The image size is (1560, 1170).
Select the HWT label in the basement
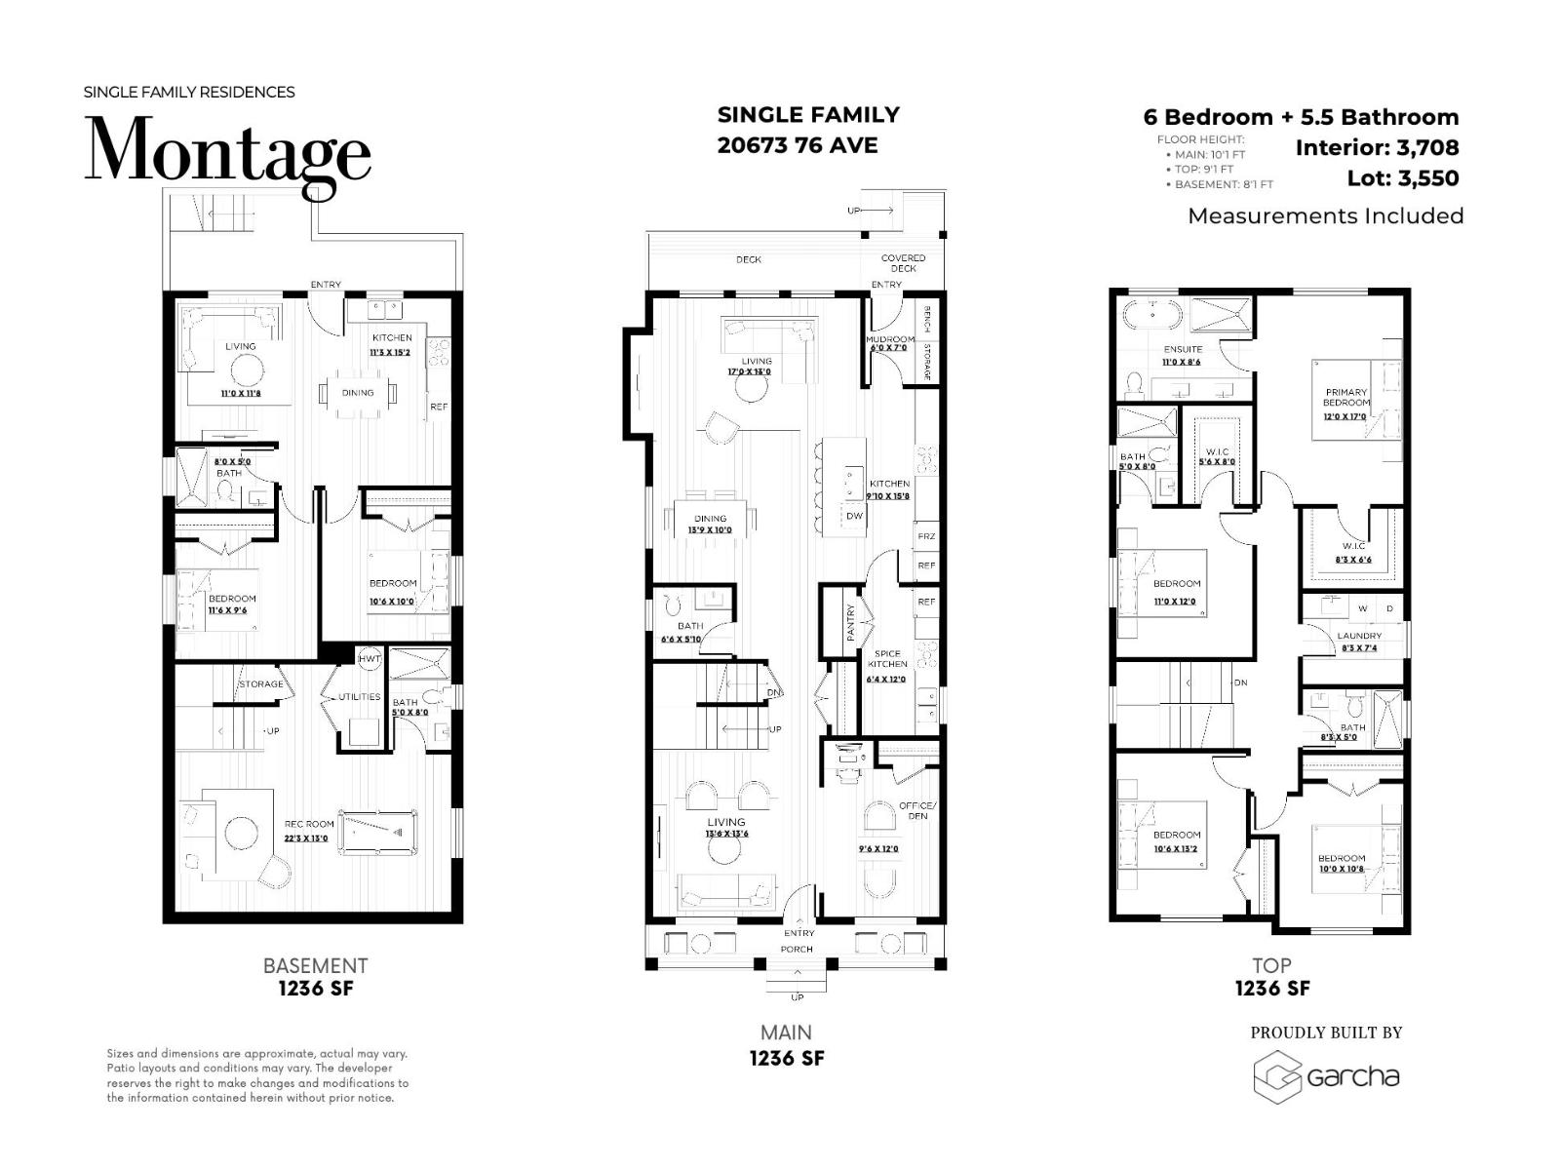coord(370,659)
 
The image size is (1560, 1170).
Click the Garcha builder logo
coord(1327,1077)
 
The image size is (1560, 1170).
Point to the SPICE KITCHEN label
coord(887,659)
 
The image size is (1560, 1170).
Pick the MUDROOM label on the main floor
coord(890,340)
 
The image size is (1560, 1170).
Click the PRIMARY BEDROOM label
coord(1345,397)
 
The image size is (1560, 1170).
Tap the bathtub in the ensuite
coord(1151,315)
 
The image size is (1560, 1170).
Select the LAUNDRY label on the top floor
coord(1359,636)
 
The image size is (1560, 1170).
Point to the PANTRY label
coord(850,622)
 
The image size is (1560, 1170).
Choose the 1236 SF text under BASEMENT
coord(316,989)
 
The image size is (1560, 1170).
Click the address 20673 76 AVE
coord(798,145)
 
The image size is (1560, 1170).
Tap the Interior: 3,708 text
coord(1377,148)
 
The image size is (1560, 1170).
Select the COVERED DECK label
coord(903,263)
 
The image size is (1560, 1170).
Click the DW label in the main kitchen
coord(854,516)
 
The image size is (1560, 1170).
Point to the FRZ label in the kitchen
coord(925,536)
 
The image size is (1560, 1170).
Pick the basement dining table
coord(358,393)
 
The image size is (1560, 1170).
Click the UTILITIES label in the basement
coord(359,697)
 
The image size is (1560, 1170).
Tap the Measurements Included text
coord(1325,215)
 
